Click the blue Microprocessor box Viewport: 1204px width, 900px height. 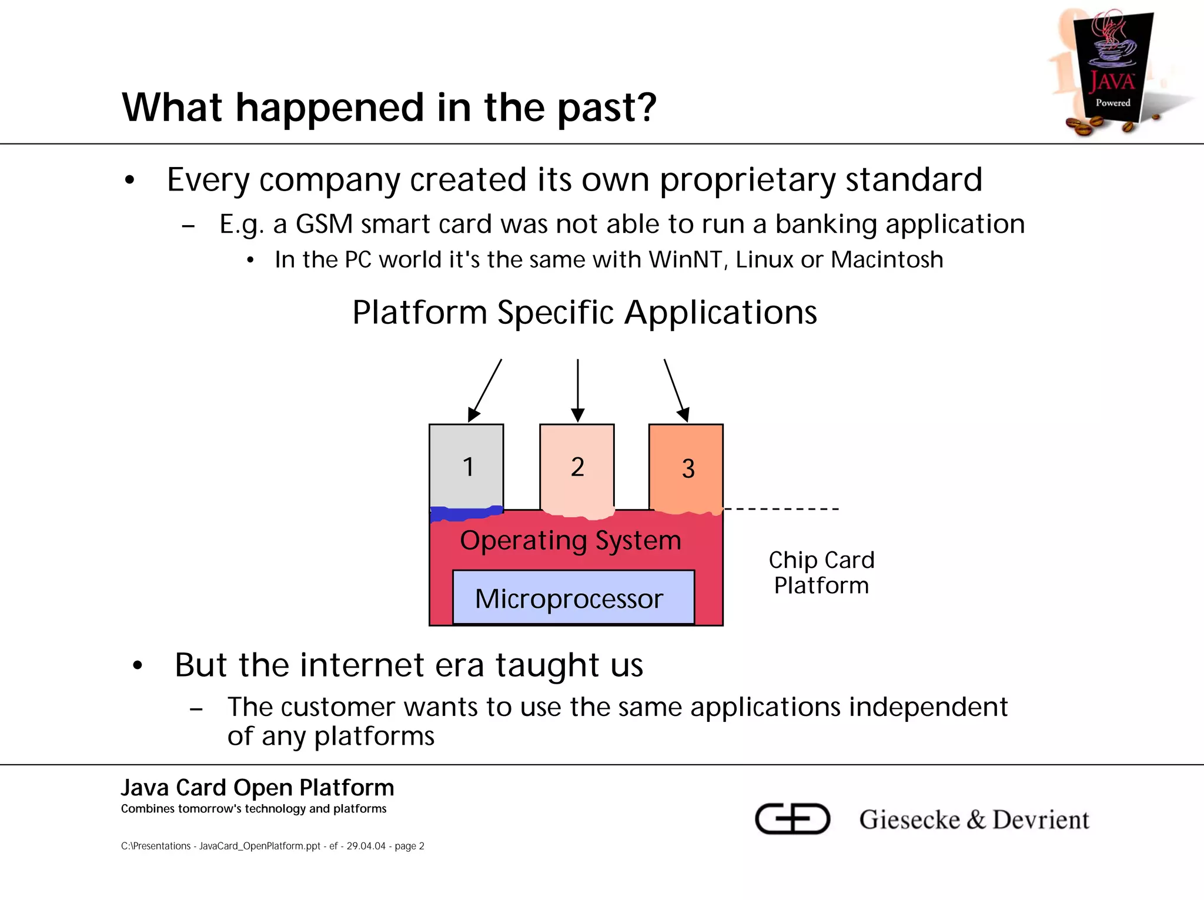click(x=573, y=598)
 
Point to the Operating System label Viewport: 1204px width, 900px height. click(x=570, y=540)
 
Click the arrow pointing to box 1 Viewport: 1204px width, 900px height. click(x=486, y=390)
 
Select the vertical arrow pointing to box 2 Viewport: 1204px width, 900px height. click(x=578, y=390)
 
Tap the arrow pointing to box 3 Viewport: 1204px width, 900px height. click(x=675, y=390)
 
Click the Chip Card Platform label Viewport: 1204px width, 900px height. click(x=821, y=573)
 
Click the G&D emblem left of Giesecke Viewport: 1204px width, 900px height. click(x=792, y=818)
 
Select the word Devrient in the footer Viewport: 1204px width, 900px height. click(x=1041, y=819)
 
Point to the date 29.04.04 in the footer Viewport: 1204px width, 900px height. click(x=366, y=846)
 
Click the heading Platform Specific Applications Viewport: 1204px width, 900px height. click(x=584, y=312)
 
